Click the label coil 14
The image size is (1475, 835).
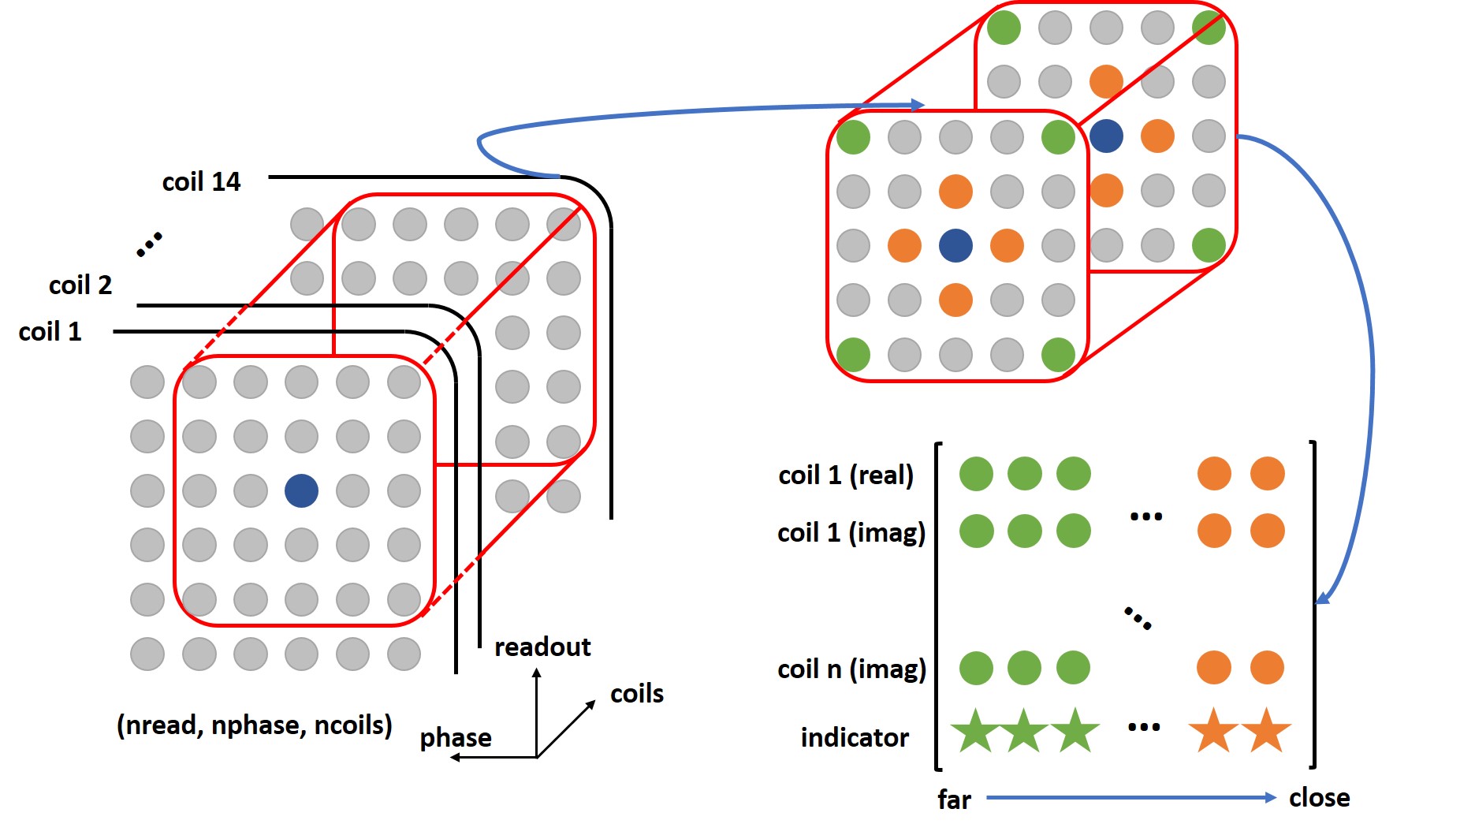[x=201, y=182]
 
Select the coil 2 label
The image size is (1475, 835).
[x=80, y=285]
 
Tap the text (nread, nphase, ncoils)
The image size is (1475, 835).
[x=255, y=725]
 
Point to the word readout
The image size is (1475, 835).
[x=542, y=647]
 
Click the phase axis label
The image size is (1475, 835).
[x=456, y=738]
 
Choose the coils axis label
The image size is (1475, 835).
[x=637, y=694]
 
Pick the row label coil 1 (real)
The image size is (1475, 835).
[x=846, y=475]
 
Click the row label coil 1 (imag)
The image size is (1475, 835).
[x=851, y=533]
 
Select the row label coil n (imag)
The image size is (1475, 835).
[x=851, y=669]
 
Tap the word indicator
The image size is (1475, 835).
[x=855, y=738]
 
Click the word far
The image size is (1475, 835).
[x=954, y=800]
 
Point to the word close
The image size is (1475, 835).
[x=1319, y=798]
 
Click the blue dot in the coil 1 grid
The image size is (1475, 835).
[x=301, y=490]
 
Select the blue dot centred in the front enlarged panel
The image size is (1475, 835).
[x=955, y=245]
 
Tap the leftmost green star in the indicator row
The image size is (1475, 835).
[x=974, y=731]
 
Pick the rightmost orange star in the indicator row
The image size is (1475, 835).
[x=1267, y=731]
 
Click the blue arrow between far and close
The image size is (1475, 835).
[x=1131, y=798]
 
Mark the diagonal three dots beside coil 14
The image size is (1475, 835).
[x=149, y=244]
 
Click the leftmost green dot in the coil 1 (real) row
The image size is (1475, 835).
[x=976, y=474]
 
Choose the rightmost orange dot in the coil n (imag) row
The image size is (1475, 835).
[x=1267, y=668]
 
